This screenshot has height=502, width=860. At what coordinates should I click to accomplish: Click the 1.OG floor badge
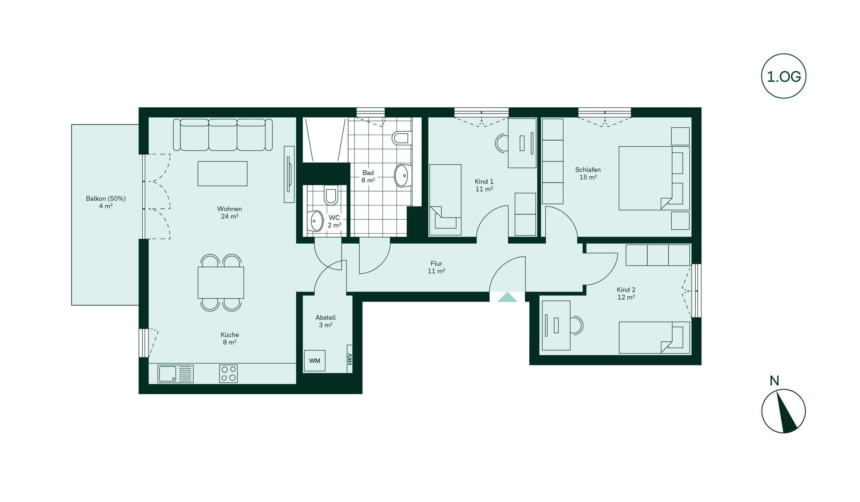784,76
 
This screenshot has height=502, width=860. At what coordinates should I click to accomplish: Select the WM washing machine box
315,361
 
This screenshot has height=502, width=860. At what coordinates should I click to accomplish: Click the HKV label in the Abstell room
350,359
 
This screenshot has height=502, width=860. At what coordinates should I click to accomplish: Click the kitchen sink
176,374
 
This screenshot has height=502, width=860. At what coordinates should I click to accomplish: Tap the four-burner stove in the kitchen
228,374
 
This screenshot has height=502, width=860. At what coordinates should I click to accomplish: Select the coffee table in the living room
223,173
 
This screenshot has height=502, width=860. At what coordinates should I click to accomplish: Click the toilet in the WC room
331,195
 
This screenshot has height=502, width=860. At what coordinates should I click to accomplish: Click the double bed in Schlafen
654,178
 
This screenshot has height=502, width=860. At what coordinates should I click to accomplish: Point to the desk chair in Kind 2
577,325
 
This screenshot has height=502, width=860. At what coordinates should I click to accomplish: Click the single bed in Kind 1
446,200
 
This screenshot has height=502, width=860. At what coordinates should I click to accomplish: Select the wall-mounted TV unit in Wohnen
289,174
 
